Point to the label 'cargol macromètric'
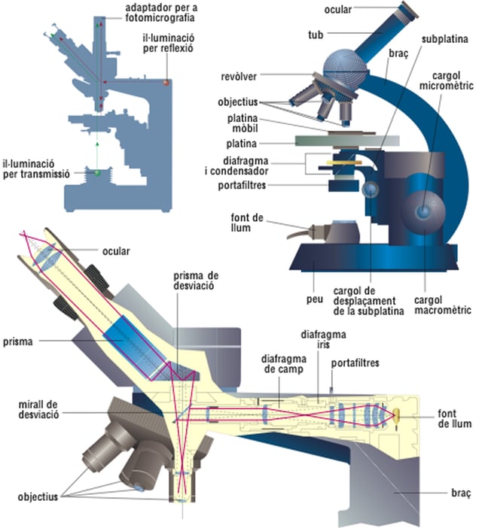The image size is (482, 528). (443, 305)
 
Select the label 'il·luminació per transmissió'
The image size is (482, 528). (36, 167)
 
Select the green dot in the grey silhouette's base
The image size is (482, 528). (96, 173)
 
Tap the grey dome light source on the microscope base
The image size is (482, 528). (346, 226)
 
